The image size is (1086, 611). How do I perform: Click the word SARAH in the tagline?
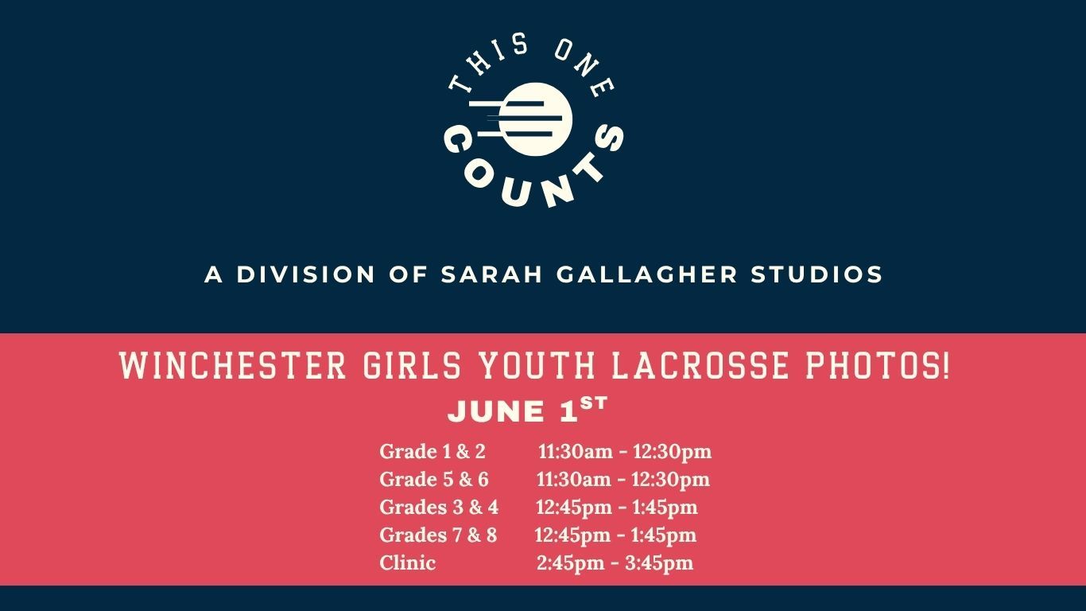pyautogui.click(x=491, y=274)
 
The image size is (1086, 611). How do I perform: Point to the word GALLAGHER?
pyautogui.click(x=647, y=274)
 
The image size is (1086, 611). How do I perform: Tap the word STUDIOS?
pyautogui.click(x=817, y=274)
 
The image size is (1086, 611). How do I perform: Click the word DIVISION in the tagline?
pyautogui.click(x=305, y=274)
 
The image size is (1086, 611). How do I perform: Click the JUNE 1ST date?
pyautogui.click(x=527, y=410)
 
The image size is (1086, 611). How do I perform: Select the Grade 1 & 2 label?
pyautogui.click(x=432, y=451)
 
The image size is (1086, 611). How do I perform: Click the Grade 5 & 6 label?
pyautogui.click(x=434, y=480)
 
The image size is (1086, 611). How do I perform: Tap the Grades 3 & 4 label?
pyautogui.click(x=439, y=507)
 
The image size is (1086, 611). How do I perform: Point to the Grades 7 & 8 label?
pyautogui.click(x=438, y=535)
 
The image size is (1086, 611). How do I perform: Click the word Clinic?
pyautogui.click(x=407, y=563)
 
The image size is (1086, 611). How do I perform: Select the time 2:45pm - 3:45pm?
pyautogui.click(x=615, y=563)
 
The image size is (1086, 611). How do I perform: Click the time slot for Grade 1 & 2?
pyautogui.click(x=624, y=452)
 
